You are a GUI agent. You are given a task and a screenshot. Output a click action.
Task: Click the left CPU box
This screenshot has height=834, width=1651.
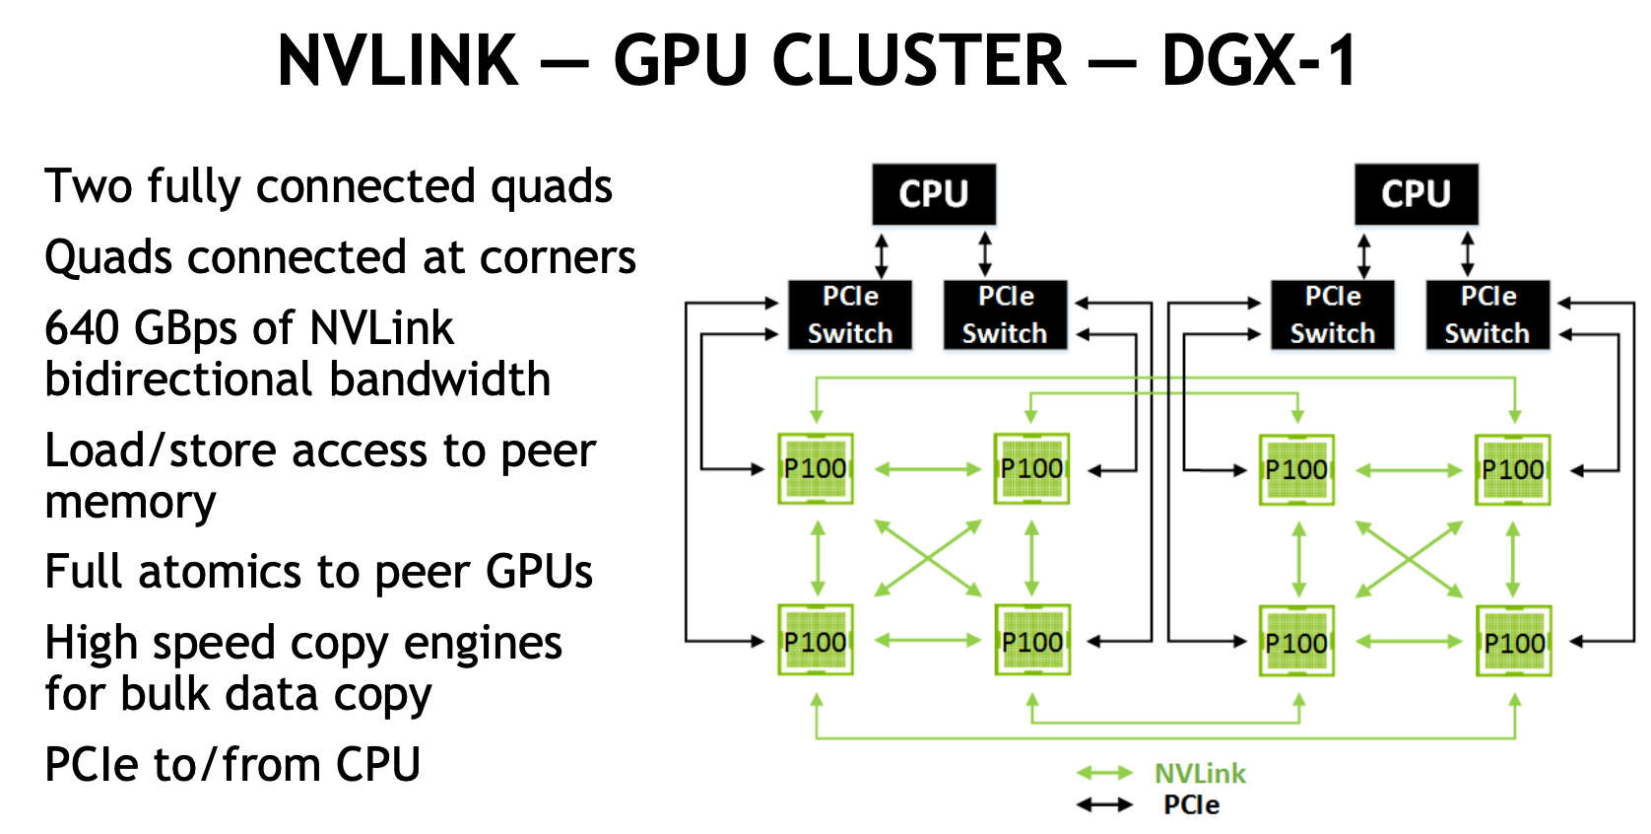pos(933,194)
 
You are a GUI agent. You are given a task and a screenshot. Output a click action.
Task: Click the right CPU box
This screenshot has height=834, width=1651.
pos(1416,194)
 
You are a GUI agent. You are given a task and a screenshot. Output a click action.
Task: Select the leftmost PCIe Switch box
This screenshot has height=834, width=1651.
pos(849,314)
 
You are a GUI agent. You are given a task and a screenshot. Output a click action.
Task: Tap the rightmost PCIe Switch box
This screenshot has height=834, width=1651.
pos(1487,314)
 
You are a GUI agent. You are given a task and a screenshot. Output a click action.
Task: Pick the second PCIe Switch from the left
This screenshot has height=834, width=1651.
pos(1005,314)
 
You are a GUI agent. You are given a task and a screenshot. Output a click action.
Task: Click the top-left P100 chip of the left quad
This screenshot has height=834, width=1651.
pos(816,468)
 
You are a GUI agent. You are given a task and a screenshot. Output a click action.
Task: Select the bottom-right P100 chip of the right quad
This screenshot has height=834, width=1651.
pos(1514,642)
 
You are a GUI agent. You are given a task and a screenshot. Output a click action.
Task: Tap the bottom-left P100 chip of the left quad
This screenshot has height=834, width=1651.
pos(816,641)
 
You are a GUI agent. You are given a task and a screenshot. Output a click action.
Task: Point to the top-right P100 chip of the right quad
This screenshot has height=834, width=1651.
pos(1513,469)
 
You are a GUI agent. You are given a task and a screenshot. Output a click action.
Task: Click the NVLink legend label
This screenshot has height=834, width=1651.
pos(1200,774)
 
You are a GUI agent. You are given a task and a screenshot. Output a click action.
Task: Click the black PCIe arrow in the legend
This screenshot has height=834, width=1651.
pos(1104,805)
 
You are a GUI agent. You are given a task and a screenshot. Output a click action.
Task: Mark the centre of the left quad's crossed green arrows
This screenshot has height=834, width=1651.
pos(928,558)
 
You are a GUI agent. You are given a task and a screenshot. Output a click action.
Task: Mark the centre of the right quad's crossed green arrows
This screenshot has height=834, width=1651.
pos(1410,559)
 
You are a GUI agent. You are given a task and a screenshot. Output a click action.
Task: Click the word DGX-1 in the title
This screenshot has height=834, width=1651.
pos(1260,61)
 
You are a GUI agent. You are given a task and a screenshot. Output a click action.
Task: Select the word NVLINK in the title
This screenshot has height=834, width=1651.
pos(398,61)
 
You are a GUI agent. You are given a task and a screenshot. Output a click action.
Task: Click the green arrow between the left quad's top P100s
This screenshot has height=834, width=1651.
pos(927,469)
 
